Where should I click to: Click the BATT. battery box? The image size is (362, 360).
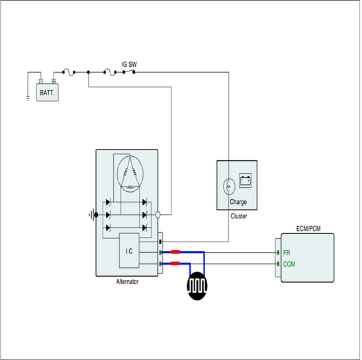[x=48, y=93]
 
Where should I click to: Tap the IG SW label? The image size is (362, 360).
[x=129, y=64]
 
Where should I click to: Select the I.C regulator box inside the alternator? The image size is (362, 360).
[x=129, y=251]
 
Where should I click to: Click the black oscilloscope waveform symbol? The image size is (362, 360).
[x=197, y=286]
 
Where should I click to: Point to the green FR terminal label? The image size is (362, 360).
[x=287, y=253]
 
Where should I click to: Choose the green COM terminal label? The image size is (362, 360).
[x=289, y=264]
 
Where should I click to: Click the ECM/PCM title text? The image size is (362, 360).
[x=308, y=228]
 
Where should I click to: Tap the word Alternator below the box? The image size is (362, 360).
[x=127, y=281]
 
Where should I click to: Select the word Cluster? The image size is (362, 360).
[x=239, y=216]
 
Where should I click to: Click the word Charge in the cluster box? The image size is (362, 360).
[x=238, y=202]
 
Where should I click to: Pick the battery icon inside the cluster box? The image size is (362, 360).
[x=245, y=181]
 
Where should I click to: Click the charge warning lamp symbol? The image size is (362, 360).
[x=229, y=186]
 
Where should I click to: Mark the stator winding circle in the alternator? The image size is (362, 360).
[x=130, y=173]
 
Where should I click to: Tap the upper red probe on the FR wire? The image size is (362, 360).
[x=175, y=252]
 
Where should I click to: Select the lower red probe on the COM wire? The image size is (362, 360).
[x=175, y=263]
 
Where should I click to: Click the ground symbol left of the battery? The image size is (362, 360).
[x=28, y=98]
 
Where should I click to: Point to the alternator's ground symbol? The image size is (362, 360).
[x=91, y=215]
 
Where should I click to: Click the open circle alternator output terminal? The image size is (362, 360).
[x=158, y=215]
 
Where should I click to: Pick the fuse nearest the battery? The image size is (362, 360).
[x=69, y=72]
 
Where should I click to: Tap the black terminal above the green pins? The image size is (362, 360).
[x=160, y=242]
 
